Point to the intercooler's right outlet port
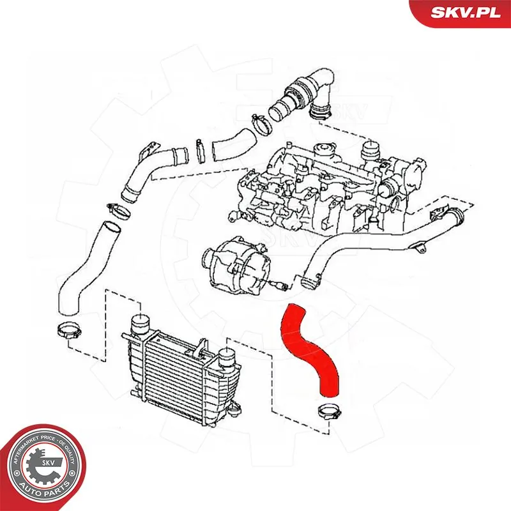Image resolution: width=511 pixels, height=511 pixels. pyautogui.click(x=227, y=362)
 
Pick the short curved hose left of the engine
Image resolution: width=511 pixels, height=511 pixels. pyautogui.click(x=233, y=144)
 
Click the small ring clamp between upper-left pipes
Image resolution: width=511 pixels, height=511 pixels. pyautogui.click(x=200, y=150)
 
